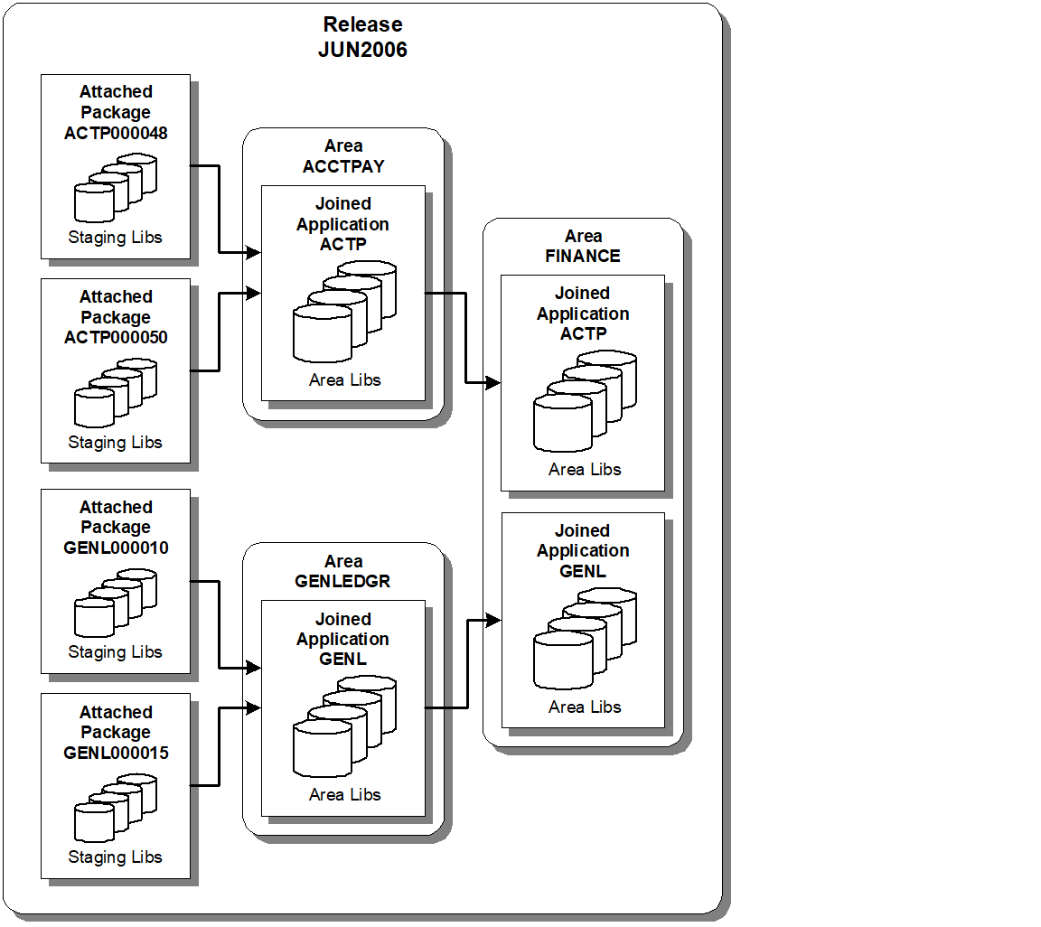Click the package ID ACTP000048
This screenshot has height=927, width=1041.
point(116,133)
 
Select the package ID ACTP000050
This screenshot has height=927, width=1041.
point(116,338)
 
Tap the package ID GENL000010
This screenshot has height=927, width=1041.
point(116,548)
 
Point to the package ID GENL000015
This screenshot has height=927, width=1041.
point(116,753)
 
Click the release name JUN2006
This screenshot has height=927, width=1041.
point(362,50)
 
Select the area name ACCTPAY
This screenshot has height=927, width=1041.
point(343,166)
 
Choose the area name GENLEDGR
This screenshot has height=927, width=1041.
point(343,581)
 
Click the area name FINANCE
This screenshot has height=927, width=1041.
point(583,256)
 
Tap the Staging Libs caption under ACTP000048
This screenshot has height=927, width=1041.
point(116,238)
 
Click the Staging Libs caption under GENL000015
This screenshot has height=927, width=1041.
point(116,857)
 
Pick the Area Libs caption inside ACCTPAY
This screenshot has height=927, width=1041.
point(344,380)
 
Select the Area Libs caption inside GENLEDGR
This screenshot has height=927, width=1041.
point(344,795)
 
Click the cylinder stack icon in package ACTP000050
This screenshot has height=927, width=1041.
point(116,393)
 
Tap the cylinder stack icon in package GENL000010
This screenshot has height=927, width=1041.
point(116,603)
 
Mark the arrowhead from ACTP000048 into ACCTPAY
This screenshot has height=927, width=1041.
point(254,254)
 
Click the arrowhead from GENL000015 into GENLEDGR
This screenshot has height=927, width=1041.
point(254,708)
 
